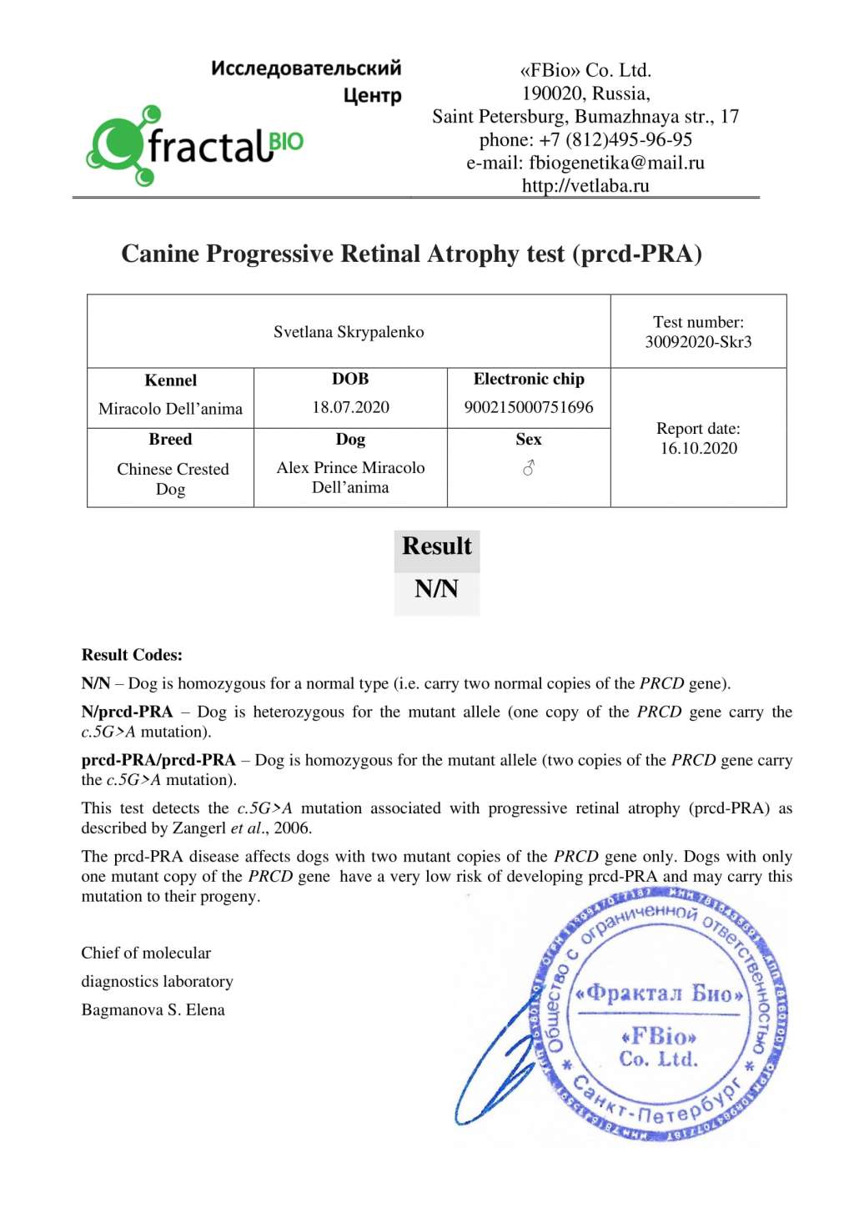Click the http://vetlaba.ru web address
(585, 185)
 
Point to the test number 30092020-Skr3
(698, 342)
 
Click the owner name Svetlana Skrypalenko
(349, 332)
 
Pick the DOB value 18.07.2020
(350, 407)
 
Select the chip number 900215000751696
(529, 407)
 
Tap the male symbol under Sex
(529, 469)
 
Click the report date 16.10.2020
(699, 448)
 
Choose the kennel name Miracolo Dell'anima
(170, 409)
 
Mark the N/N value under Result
(436, 590)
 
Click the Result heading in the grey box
(436, 546)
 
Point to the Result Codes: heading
(132, 655)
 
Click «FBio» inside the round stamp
(659, 1037)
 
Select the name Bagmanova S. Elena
(153, 1009)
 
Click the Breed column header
(170, 440)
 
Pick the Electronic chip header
(529, 379)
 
